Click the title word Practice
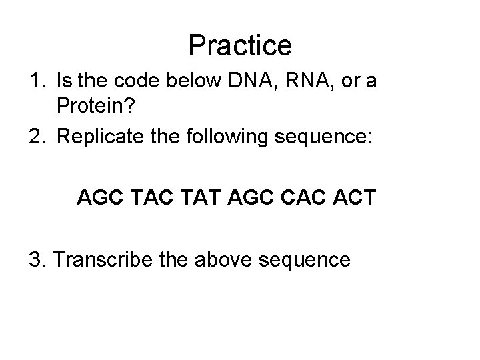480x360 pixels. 240,45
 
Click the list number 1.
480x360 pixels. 36,82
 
